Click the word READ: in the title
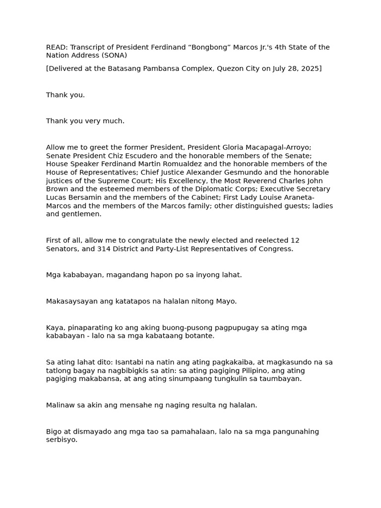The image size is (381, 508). [57, 48]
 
